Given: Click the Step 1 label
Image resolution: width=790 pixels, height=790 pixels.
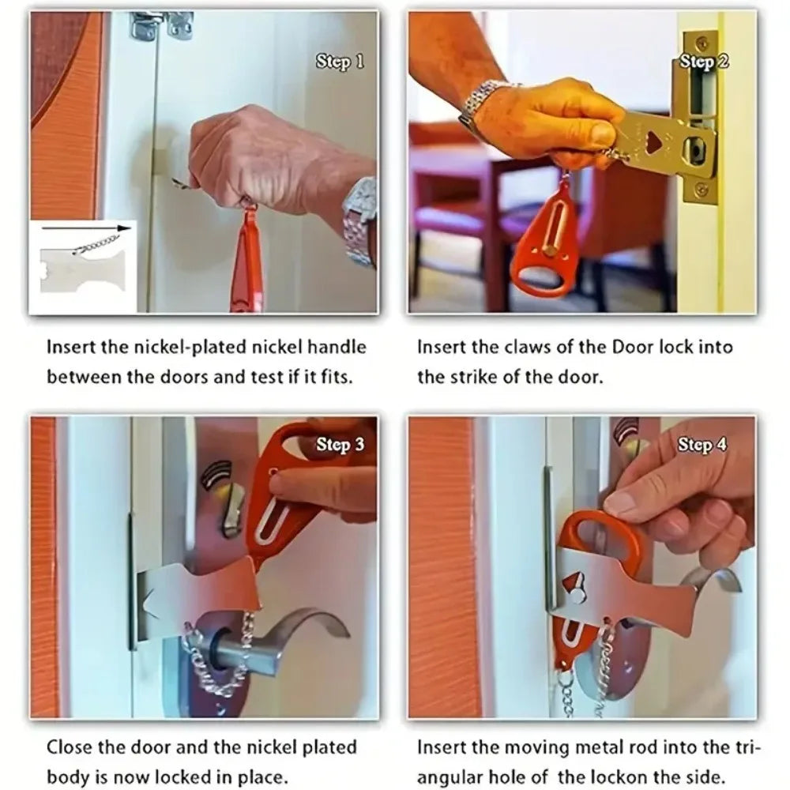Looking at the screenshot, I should tap(340, 61).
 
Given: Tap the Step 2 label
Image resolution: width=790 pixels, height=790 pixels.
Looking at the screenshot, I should tap(703, 62).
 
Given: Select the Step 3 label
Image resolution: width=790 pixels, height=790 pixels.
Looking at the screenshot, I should tap(340, 445).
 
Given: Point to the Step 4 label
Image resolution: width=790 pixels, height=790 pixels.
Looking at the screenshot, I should tap(702, 445).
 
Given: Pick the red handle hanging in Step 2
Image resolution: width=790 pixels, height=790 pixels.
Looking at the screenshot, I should tap(545, 245).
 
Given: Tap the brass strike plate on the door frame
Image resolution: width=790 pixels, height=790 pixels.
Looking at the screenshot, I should tap(700, 118).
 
